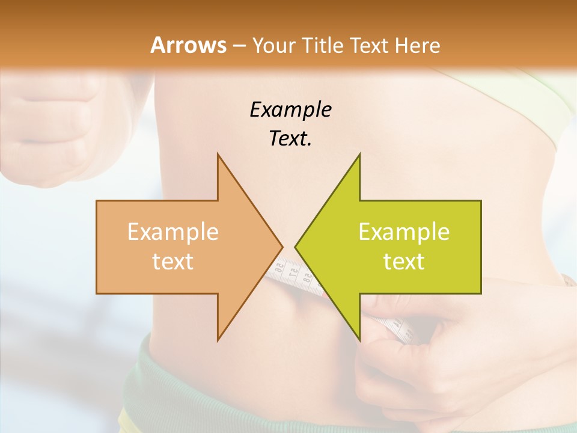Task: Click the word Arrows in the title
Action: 189,45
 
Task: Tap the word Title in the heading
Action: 325,45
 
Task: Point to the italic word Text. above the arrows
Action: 290,138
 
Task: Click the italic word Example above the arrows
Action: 290,109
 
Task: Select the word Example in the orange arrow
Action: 173,232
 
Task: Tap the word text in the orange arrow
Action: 173,261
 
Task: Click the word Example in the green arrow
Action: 404,232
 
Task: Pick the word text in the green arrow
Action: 404,261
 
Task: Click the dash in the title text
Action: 237,46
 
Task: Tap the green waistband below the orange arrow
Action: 180,373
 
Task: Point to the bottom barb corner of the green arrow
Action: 359,339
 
